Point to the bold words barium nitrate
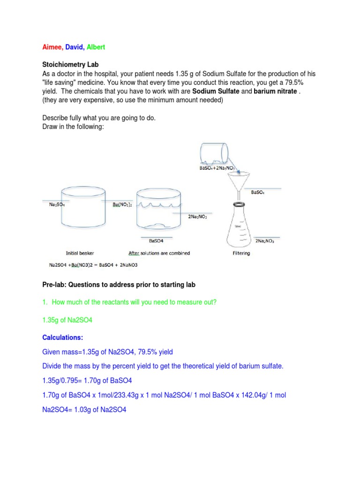[x=275, y=91]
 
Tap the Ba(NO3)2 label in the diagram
[x=122, y=204]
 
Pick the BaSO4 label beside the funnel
[x=258, y=192]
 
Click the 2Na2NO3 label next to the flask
[x=265, y=240]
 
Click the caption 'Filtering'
[x=241, y=253]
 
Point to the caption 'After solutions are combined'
[x=159, y=253]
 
